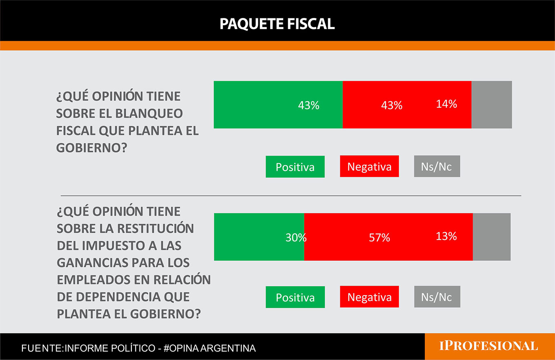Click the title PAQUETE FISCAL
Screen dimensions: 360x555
pos(277,24)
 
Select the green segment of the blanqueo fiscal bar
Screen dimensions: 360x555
pos(278,104)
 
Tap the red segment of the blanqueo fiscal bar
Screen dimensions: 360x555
pos(407,104)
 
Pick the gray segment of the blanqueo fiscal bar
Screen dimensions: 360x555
pos(491,104)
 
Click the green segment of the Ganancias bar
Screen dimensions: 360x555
pos(259,237)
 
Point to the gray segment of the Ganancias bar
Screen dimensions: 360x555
pos(491,237)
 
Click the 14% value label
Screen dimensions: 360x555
pos(446,104)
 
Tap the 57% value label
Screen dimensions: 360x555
pos(380,238)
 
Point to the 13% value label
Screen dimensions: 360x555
pos(446,236)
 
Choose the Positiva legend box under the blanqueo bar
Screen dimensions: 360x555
pos(295,167)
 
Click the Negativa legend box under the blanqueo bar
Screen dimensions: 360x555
pos(369,167)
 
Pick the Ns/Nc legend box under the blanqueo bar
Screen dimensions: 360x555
pos(437,166)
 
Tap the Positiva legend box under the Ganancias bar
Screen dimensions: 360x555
pos(295,297)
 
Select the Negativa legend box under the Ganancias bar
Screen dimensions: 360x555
pos(369,297)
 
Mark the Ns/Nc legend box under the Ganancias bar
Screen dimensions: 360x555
pos(437,296)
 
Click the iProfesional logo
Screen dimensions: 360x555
pos(488,346)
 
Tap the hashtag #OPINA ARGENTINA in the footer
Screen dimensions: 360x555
pos(209,348)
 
